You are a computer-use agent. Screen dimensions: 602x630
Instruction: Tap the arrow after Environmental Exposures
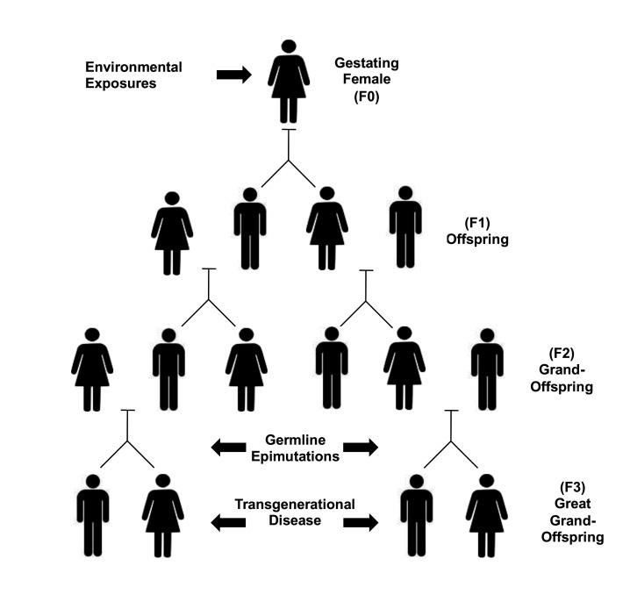click(233, 75)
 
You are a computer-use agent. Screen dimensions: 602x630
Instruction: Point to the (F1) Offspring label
click(490, 229)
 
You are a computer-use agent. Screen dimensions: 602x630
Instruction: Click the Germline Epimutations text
click(295, 447)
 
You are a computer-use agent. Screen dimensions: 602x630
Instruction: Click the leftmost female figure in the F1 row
click(172, 233)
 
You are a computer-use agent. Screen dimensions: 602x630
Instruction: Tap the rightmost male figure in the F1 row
click(405, 227)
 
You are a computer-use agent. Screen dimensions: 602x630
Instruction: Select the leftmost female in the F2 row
click(92, 369)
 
